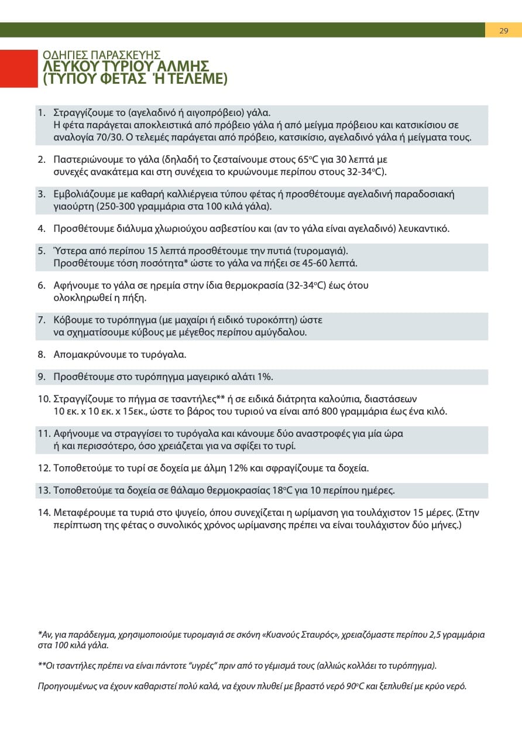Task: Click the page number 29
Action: point(503,30)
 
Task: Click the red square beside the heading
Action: point(19,69)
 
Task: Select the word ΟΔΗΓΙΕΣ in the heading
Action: point(63,56)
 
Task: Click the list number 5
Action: point(41,251)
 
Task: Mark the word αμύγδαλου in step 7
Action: point(284,332)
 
